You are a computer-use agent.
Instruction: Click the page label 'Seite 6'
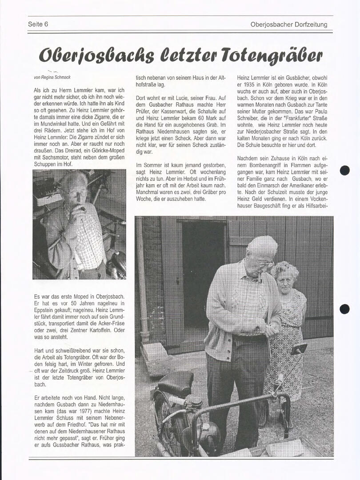pos(38,24)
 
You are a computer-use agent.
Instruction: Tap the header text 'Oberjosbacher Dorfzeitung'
pos(288,24)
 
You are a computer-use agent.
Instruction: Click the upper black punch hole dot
pos(344,170)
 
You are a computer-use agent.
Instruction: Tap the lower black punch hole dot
pos(344,309)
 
